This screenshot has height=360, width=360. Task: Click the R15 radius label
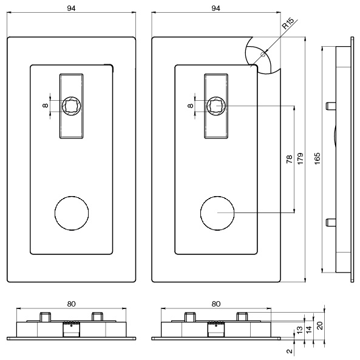point(288,24)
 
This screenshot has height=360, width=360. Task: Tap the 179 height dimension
point(301,158)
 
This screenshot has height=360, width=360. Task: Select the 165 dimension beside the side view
point(317,158)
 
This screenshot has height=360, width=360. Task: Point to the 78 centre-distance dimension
point(290,159)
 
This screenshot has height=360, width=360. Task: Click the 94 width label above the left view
point(71,8)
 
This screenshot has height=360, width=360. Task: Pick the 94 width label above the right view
point(216,8)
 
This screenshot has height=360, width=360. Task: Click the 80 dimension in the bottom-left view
point(71,304)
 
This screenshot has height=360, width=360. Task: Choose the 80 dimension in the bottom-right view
point(216,304)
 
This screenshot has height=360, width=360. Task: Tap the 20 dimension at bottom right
point(320,325)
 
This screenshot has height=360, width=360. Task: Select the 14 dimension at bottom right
point(309,330)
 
